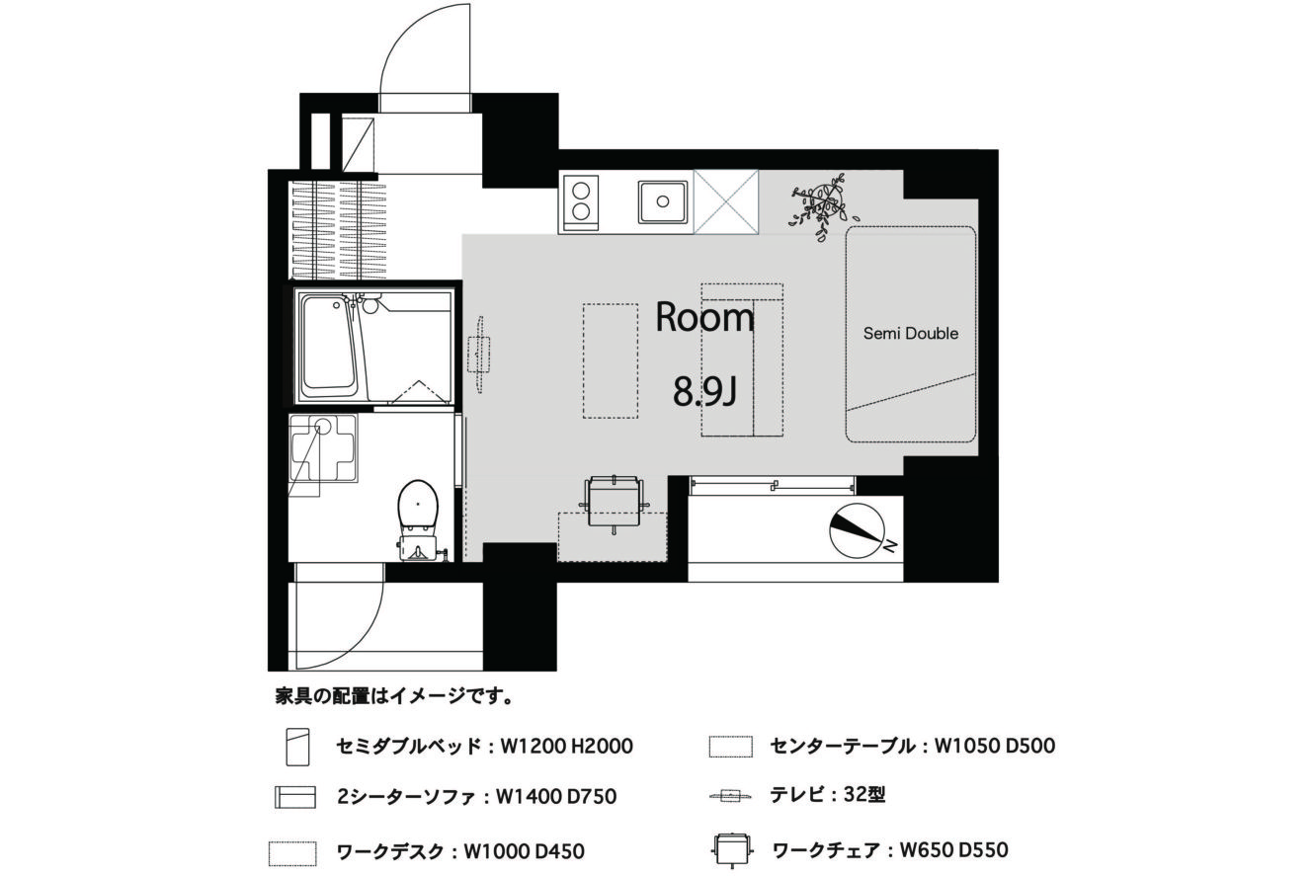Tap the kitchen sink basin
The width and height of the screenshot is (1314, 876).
pos(663,201)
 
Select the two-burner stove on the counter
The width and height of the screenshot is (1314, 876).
pos(580,202)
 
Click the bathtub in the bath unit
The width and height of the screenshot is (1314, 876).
pos(328,347)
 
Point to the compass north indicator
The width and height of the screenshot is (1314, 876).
pos(857,530)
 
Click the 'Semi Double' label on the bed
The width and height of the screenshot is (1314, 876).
pos(911,334)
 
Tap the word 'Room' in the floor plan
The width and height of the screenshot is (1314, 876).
pos(704,317)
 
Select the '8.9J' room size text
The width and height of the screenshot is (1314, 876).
pos(704,391)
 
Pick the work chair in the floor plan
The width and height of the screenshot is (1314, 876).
pos(614,503)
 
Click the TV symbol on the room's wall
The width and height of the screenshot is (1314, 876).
pos(479,355)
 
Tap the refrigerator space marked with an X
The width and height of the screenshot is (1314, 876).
pos(725,201)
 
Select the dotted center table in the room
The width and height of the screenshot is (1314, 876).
pos(611,360)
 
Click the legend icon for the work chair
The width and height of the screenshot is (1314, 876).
pos(731,849)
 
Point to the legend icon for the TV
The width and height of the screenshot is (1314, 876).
pos(730,796)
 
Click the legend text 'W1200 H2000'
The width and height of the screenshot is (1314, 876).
pos(566,747)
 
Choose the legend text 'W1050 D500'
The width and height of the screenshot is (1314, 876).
pos(994,746)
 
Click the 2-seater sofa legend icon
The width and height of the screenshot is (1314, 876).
pos(295,797)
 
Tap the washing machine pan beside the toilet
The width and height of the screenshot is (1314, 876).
pos(323,448)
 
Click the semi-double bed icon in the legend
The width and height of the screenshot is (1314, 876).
pos(297,747)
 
